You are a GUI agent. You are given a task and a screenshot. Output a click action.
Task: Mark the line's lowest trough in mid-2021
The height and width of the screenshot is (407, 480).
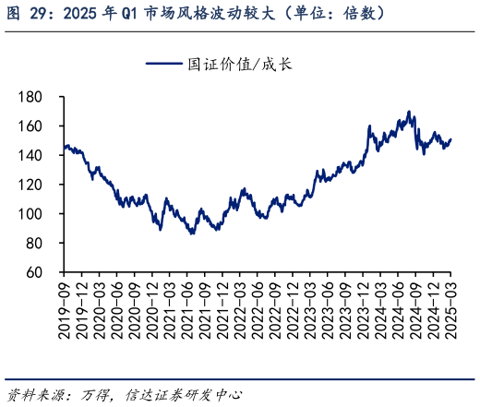pos(191,233)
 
